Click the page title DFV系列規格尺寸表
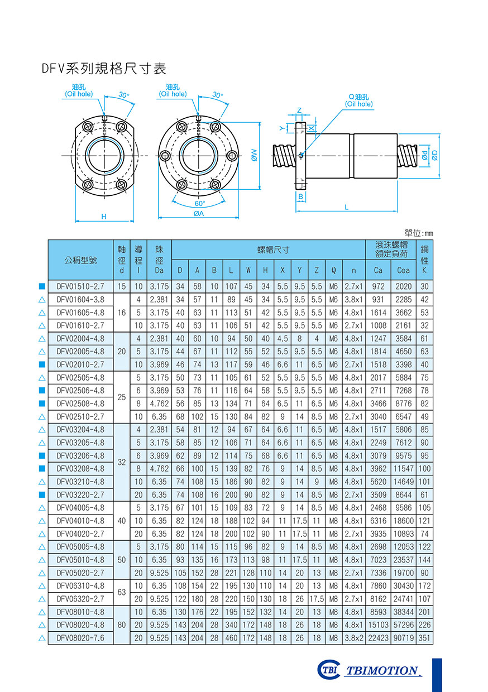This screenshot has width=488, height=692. [x=104, y=69]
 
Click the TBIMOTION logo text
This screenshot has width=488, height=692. [x=381, y=670]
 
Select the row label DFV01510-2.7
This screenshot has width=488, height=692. [x=80, y=286]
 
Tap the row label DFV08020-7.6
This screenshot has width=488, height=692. [x=80, y=638]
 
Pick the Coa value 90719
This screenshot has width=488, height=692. [x=403, y=638]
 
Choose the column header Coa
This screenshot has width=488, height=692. [x=403, y=271]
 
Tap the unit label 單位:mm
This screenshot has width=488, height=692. [x=418, y=233]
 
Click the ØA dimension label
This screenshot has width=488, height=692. [x=198, y=213]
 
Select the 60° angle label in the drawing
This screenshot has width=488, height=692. [x=199, y=203]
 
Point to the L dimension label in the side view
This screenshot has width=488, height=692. [x=347, y=207]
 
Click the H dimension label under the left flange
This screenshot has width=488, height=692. [x=104, y=216]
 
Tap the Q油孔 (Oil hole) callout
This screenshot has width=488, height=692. [x=358, y=100]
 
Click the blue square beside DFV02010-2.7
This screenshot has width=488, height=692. [x=42, y=364]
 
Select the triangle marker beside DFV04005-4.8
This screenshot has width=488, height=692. [x=42, y=508]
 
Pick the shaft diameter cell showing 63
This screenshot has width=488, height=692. [x=122, y=592]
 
